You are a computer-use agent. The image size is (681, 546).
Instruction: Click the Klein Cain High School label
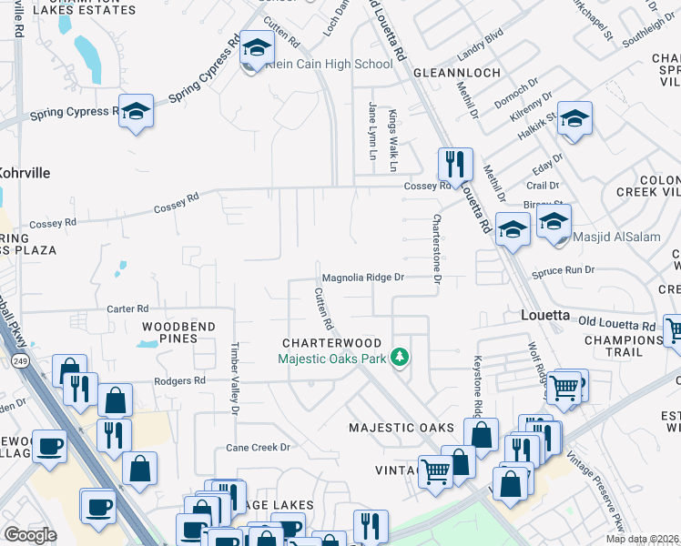[335, 64]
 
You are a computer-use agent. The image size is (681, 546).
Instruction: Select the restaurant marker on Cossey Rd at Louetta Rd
[455, 165]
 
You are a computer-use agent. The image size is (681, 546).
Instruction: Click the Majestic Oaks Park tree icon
[399, 358]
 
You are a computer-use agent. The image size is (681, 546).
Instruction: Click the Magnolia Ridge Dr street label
[361, 277]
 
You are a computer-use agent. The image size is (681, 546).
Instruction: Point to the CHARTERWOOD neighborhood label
[331, 343]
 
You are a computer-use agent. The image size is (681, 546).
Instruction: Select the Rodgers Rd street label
[179, 381]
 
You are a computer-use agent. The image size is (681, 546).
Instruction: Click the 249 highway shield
[17, 361]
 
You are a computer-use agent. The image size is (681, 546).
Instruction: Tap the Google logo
[29, 534]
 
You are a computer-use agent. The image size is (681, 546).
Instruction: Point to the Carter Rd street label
[127, 308]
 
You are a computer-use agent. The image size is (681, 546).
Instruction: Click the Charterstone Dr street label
[437, 248]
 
